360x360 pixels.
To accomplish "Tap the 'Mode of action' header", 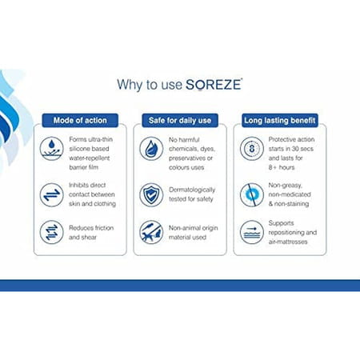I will click(80, 120).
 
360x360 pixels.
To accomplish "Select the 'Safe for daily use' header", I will click(179, 120).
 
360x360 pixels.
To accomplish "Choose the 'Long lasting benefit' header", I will click(279, 120).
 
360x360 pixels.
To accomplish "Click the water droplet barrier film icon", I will click(54, 148).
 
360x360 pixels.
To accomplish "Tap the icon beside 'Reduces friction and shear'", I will click(54, 231).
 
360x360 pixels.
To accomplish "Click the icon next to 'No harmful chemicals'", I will click(151, 148).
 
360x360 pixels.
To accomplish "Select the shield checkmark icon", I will click(151, 194).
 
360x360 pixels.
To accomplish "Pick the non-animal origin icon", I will click(151, 232).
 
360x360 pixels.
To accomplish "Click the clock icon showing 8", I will click(251, 148).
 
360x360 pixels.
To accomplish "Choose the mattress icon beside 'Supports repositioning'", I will click(251, 232).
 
